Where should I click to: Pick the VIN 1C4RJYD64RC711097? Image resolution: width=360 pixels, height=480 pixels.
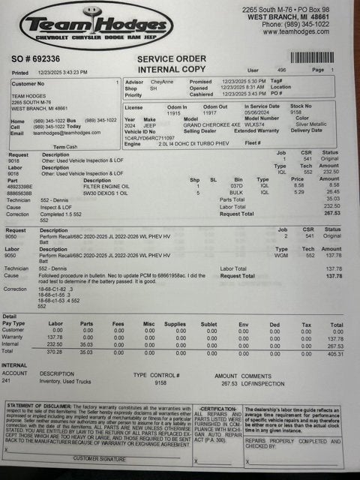point(150,138)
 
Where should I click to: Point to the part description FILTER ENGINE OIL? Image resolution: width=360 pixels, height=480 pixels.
point(107,184)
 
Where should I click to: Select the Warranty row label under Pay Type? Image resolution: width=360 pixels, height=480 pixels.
point(14,338)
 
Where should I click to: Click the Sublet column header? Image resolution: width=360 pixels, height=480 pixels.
point(211,325)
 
